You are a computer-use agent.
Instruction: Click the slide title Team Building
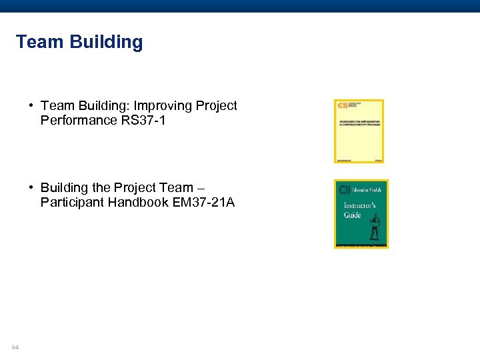[x=79, y=42]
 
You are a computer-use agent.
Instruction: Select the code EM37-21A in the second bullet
[x=203, y=202]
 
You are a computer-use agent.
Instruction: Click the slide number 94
[x=15, y=347]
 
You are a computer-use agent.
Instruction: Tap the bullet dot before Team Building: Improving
[x=32, y=106]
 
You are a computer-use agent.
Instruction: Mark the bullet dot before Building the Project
[x=32, y=188]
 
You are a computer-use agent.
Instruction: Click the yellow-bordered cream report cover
[x=359, y=131]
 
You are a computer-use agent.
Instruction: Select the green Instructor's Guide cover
[x=361, y=213]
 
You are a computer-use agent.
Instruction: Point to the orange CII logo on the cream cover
[x=343, y=105]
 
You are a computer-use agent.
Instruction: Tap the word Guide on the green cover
[x=352, y=215]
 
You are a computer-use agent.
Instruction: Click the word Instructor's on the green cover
[x=359, y=206]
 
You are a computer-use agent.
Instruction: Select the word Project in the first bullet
[x=215, y=106]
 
